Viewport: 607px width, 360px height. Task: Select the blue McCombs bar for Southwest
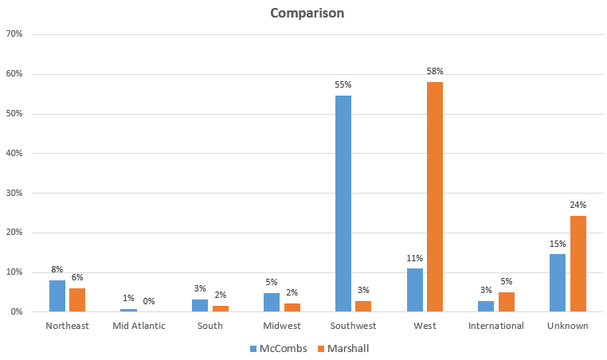click(x=343, y=203)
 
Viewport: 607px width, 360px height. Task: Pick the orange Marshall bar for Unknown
click(x=578, y=264)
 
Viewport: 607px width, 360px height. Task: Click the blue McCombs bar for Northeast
click(x=57, y=295)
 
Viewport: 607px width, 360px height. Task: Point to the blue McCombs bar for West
click(x=414, y=290)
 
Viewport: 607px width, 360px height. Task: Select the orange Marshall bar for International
click(x=506, y=302)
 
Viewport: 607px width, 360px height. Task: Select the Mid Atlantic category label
click(x=139, y=326)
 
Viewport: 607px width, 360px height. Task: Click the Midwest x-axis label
click(x=282, y=326)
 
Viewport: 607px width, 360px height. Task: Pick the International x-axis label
click(x=496, y=326)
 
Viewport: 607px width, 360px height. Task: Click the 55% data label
click(x=343, y=84)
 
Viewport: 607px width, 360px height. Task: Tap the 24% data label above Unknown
click(x=578, y=205)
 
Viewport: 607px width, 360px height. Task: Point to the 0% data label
click(x=149, y=301)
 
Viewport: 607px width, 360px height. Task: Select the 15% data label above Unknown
click(x=558, y=243)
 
